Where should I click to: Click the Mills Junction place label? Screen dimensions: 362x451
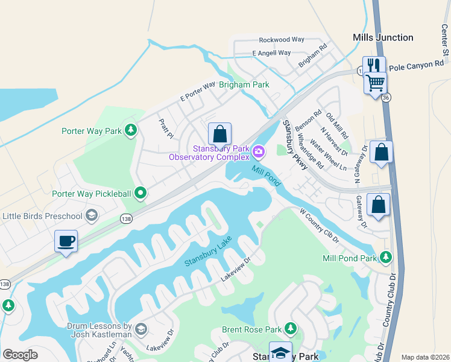click(383, 37)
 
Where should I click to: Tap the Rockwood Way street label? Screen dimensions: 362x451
click(282, 40)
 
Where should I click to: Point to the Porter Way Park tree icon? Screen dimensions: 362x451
click(130, 130)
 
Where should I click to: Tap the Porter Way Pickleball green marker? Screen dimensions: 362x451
click(140, 193)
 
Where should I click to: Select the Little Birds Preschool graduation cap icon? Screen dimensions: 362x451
click(91, 215)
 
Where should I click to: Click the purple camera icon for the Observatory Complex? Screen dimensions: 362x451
click(259, 151)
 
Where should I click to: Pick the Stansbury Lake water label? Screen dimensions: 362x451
click(208, 253)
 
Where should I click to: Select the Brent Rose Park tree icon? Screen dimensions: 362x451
click(291, 329)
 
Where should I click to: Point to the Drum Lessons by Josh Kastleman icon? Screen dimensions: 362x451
click(140, 329)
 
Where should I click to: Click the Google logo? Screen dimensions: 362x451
click(20, 355)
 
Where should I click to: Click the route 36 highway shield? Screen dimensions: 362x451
click(386, 97)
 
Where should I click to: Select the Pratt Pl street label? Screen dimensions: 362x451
click(166, 128)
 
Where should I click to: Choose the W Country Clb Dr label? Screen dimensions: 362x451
click(320, 226)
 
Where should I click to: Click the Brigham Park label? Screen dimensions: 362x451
click(244, 85)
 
